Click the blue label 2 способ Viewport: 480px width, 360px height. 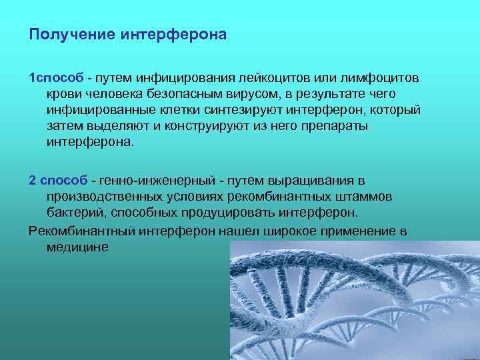point(59,181)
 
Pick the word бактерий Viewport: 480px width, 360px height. point(71,213)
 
